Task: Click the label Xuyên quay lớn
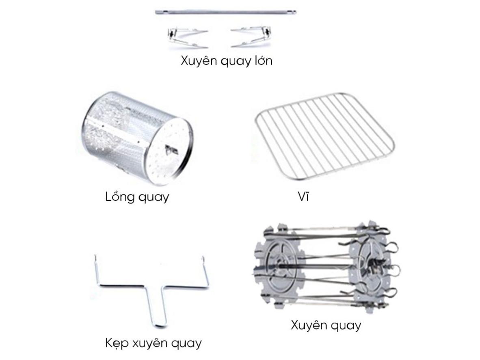[226, 61]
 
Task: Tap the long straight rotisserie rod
[226, 13]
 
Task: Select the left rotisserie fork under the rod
[187, 37]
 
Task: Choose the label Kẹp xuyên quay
[153, 343]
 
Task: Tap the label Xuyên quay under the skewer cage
[326, 325]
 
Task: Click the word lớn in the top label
[259, 61]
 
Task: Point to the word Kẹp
[117, 343]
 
